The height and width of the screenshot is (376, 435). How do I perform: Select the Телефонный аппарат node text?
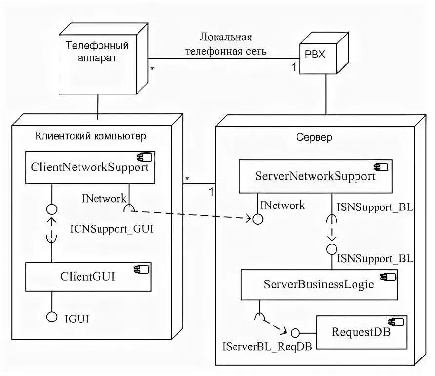click(97, 52)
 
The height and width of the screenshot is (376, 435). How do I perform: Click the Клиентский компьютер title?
click(91, 135)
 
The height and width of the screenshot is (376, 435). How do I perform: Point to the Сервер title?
click(314, 137)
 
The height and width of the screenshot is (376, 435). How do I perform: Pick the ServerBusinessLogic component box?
click(319, 285)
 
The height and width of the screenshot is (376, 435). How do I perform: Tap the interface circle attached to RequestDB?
click(294, 333)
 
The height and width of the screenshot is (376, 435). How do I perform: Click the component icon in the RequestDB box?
click(393, 321)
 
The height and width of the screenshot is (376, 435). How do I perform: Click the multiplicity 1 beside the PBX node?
click(294, 68)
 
